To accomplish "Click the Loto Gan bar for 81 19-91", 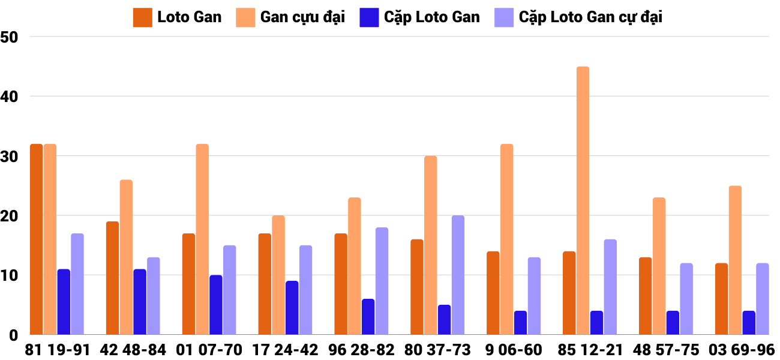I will [36, 239].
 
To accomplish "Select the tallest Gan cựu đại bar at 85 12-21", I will [583, 200].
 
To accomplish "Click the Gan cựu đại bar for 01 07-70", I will [202, 239].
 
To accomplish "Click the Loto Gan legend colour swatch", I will [142, 17].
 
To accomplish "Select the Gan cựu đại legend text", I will [302, 17].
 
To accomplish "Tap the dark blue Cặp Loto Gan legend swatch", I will [369, 17].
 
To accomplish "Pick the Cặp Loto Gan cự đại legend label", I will [590, 17].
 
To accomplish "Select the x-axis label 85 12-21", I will [590, 350].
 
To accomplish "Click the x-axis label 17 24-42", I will [286, 350].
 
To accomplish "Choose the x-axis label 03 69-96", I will [742, 350].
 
